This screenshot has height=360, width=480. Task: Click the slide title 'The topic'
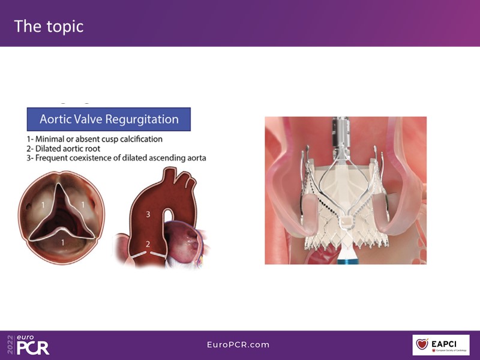(49, 26)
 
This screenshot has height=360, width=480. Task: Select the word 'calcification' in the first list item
(141, 139)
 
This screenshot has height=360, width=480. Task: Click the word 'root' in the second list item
(93, 149)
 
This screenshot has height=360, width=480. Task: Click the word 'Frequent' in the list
(50, 158)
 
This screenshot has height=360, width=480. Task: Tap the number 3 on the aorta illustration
(148, 214)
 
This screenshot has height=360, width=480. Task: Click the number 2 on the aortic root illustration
(148, 244)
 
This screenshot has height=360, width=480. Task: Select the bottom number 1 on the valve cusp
(63, 242)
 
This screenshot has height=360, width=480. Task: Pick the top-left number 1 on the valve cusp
(43, 205)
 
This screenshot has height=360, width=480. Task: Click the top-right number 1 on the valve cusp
(82, 205)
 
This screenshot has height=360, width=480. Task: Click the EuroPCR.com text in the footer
(238, 344)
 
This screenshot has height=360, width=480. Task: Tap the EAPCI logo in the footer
(441, 344)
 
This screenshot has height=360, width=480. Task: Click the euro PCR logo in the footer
(33, 344)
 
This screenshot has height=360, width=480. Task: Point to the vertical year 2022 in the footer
(10, 344)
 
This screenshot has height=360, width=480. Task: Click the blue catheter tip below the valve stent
(346, 261)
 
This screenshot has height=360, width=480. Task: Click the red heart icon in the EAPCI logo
(422, 344)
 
